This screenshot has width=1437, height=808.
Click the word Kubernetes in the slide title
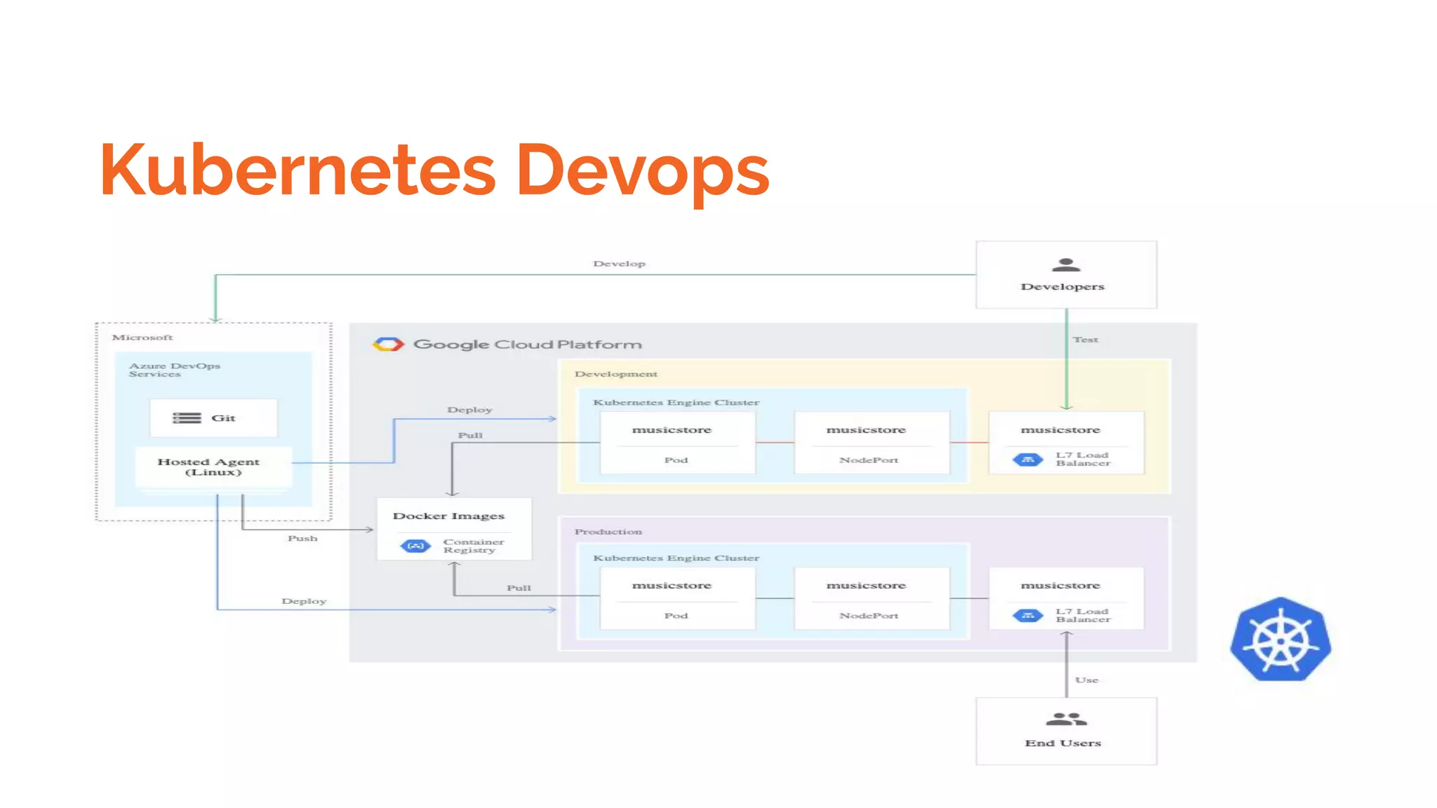point(298,170)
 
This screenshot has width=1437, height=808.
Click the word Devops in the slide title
point(643,170)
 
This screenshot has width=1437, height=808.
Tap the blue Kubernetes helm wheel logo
point(1281,640)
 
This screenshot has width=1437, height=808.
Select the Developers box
point(1065,275)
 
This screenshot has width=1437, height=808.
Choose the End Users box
point(1065,731)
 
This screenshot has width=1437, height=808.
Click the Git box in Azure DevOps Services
point(213,418)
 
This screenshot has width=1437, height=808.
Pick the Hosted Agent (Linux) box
point(213,467)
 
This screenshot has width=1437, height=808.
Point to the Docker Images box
point(454,529)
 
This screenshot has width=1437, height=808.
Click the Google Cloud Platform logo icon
point(388,344)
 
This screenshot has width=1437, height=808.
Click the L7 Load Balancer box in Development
point(1065,443)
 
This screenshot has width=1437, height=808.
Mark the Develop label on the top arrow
point(619,264)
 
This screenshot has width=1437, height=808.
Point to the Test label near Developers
point(1085,339)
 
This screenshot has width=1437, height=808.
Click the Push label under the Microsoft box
point(302,539)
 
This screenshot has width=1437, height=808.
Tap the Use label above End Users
point(1086,680)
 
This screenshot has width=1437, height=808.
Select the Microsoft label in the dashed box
point(142,337)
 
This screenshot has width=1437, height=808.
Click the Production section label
point(608,532)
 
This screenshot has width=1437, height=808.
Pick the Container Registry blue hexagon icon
point(415,546)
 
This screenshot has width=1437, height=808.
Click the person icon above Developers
point(1066,265)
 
